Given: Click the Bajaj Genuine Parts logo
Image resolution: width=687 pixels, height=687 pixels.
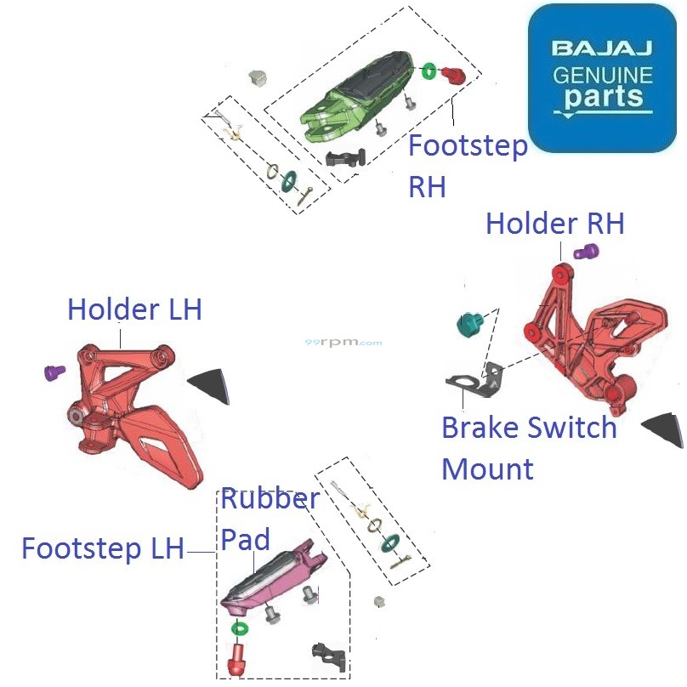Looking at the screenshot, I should (601, 77).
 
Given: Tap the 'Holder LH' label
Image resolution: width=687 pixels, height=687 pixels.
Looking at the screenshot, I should (134, 309).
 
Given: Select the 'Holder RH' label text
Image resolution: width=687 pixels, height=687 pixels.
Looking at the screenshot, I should (554, 224).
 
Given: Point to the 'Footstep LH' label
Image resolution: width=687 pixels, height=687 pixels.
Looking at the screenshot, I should (102, 548).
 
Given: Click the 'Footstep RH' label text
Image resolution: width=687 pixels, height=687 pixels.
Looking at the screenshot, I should (467, 166).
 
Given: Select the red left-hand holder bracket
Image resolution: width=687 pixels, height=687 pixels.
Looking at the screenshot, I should (136, 408).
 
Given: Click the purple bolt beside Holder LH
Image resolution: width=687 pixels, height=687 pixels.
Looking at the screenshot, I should (54, 372).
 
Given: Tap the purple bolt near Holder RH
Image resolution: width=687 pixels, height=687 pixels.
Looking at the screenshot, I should (586, 252).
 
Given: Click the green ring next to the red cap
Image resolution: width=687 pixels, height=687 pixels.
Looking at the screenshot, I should (429, 70).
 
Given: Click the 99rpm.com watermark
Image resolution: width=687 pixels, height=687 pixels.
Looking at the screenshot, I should (343, 343).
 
